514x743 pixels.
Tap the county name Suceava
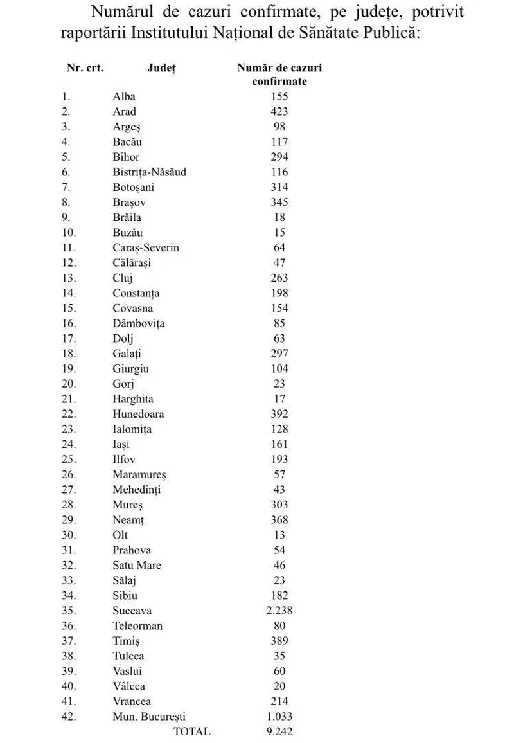(x=132, y=611)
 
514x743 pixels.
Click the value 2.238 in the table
(x=279, y=611)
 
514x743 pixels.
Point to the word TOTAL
(x=191, y=731)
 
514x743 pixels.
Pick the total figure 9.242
(x=279, y=731)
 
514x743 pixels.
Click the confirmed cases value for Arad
(x=279, y=112)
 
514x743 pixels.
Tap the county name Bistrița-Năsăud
(x=149, y=172)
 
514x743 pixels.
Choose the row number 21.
(x=68, y=399)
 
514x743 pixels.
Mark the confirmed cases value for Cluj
(x=279, y=278)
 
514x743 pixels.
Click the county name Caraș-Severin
(x=146, y=248)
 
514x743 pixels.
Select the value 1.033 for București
(x=279, y=717)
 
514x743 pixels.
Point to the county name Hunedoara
(x=138, y=414)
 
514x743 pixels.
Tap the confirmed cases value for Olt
(x=279, y=535)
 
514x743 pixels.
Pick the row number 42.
(x=68, y=717)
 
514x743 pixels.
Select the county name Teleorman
(x=137, y=625)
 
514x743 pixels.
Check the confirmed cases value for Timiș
(x=279, y=641)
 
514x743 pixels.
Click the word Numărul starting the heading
(x=122, y=12)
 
